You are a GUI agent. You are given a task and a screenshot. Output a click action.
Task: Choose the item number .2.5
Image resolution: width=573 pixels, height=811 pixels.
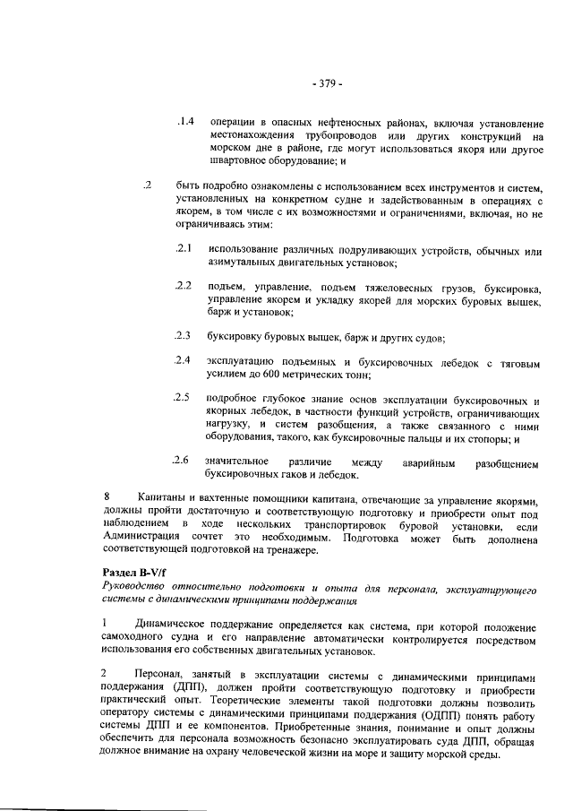point(185,397)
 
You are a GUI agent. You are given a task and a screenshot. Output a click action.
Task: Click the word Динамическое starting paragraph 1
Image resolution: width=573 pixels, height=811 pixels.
point(176,622)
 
